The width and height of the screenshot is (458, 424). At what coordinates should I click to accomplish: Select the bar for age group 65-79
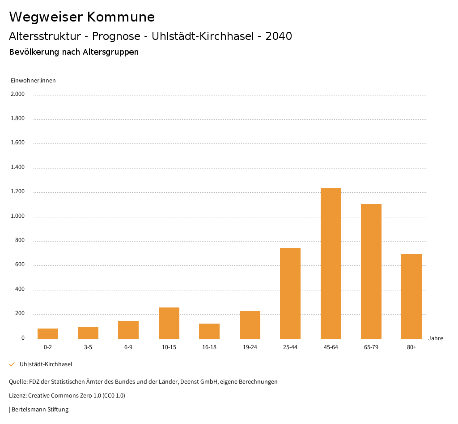371,272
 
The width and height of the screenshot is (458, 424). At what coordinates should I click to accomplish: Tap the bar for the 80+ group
411,297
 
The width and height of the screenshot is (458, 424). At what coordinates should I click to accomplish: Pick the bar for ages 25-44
290,294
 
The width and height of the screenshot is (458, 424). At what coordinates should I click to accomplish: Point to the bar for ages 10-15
169,323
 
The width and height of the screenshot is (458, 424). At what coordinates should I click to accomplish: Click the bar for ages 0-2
48,334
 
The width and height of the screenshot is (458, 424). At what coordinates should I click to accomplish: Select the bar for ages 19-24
250,325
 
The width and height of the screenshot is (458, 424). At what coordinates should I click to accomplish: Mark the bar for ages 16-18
209,331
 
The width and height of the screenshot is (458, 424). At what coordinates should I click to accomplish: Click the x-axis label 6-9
128,347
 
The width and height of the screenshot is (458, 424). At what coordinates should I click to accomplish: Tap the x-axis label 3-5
88,347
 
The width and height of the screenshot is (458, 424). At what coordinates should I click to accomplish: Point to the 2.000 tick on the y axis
18,95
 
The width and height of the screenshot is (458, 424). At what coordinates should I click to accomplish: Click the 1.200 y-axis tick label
18,192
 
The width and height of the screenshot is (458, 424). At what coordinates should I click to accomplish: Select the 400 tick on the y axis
20,290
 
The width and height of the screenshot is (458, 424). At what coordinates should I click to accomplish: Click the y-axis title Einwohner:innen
33,81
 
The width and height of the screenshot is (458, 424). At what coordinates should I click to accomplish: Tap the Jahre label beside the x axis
435,338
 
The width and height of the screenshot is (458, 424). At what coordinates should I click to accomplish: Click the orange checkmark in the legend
12,364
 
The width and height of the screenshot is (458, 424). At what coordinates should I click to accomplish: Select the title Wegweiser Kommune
82,17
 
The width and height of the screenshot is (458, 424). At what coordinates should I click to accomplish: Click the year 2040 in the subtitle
279,36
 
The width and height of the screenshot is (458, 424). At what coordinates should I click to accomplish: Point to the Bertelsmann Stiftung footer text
40,410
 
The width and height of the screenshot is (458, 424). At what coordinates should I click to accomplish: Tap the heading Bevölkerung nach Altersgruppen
74,52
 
